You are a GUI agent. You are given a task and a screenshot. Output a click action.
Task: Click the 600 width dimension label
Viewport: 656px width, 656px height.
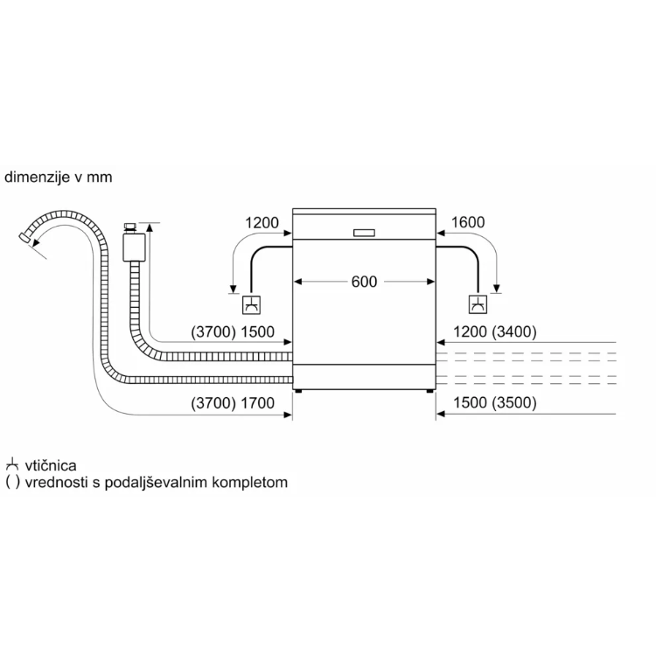point(364,282)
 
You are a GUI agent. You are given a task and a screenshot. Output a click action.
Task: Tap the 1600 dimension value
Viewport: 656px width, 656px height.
point(468,222)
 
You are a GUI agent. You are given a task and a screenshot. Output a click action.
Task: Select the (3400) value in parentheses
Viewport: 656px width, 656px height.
point(513,331)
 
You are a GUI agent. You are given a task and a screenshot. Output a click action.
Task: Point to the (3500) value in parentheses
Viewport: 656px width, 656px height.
point(513,402)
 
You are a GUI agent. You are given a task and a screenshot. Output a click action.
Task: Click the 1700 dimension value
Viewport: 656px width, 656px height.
point(257,403)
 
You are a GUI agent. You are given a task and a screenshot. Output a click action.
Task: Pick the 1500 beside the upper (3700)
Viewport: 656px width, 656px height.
point(257,331)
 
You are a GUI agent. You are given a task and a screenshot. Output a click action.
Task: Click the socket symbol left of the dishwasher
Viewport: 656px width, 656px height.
point(251,305)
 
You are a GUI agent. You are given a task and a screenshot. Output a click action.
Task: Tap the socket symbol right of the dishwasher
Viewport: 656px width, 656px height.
point(478,305)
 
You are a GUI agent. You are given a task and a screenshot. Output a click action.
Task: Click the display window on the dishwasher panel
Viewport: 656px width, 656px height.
point(364,233)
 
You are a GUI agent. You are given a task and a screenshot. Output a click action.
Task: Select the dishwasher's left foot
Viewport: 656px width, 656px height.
point(298,392)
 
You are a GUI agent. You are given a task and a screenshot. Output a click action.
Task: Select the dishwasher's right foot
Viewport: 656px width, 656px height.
point(429,392)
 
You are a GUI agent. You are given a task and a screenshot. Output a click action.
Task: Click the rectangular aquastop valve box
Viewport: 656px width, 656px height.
point(134,248)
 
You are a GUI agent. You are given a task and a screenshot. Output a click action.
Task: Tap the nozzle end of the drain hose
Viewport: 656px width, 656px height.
point(25,238)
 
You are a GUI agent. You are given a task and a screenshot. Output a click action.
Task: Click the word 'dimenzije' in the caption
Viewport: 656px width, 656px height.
point(37,178)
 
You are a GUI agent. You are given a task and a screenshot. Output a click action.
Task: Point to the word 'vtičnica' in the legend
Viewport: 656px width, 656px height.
point(51,465)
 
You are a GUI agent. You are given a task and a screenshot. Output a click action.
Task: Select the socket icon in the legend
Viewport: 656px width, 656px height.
point(12,465)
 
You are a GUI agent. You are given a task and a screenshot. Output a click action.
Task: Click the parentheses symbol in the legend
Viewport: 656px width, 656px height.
point(12,482)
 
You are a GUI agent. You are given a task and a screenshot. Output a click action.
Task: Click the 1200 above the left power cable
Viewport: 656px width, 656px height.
point(262,222)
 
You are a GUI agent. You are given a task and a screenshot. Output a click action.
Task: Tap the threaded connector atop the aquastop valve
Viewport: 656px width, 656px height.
point(130,228)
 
